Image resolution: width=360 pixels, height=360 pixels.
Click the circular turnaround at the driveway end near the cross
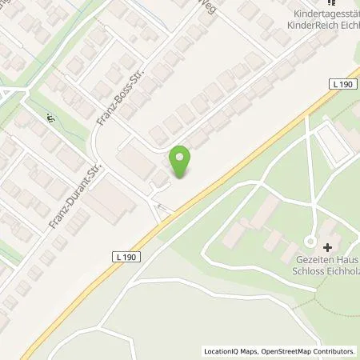pos(311,242)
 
